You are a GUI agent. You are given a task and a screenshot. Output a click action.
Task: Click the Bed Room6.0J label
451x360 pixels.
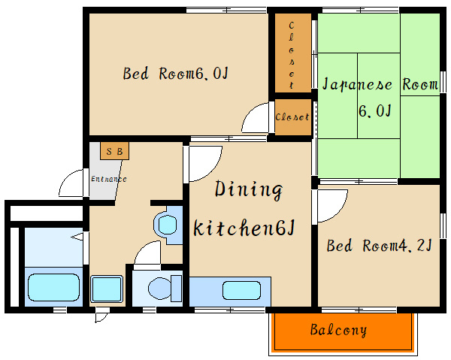175,74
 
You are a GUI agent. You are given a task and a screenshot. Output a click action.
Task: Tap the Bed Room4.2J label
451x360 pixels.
379,246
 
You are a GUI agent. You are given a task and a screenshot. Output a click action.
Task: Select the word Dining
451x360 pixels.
249,190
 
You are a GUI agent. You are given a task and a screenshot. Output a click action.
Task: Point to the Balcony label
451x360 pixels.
338,329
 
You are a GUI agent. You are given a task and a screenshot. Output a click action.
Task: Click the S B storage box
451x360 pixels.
114,150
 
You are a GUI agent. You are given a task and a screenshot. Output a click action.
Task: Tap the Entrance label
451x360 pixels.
109,179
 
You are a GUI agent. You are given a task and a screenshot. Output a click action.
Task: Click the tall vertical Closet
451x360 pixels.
292,53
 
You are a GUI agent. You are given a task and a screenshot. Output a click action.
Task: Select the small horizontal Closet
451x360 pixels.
293,117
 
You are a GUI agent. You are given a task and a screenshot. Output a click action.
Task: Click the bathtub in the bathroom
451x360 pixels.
54,287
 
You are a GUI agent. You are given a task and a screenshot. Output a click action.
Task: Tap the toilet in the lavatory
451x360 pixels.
165,289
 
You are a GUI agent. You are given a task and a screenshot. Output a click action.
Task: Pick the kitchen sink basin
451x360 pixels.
241,290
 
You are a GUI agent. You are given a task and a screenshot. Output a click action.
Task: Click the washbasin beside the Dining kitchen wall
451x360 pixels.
167,225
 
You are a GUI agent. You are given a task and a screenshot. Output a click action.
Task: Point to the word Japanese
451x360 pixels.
357,84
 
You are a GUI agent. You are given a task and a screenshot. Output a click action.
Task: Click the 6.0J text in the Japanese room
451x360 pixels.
375,110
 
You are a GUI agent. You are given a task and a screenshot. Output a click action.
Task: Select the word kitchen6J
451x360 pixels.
244,228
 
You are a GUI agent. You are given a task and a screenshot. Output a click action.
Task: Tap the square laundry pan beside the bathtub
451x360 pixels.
107,289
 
